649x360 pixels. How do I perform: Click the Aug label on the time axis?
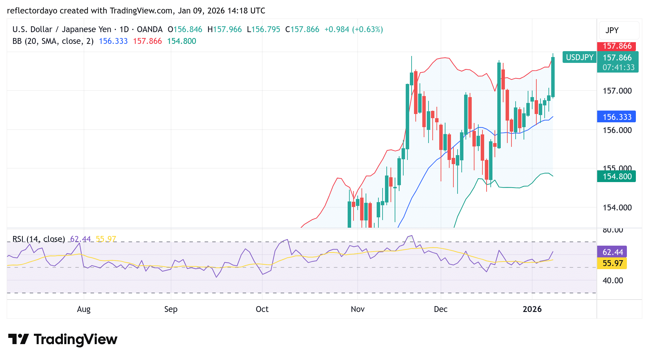pos(84,309)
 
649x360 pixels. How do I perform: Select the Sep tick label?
pos(171,309)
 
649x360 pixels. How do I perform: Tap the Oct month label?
pos(262,309)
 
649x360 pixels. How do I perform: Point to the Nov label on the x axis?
pos(358,309)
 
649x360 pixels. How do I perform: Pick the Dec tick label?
pos(441,309)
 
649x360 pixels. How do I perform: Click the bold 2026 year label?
pos(532,309)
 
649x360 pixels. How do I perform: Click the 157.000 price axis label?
pos(617,91)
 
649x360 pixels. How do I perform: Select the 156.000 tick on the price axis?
pos(617,130)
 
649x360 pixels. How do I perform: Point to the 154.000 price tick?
pos(617,208)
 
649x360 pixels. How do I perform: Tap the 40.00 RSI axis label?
pos(613,281)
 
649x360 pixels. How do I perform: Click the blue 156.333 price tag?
pos(617,117)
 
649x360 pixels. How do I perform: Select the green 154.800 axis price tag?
pos(617,177)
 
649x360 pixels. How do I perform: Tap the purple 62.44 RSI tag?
pos(613,252)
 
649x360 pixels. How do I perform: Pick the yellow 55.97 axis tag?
pos(613,263)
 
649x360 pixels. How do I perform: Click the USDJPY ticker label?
pos(580,57)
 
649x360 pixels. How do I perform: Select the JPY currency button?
pos(612,30)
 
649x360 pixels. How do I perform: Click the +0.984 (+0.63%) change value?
pos(354,29)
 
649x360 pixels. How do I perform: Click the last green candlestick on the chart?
pos(553,77)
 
